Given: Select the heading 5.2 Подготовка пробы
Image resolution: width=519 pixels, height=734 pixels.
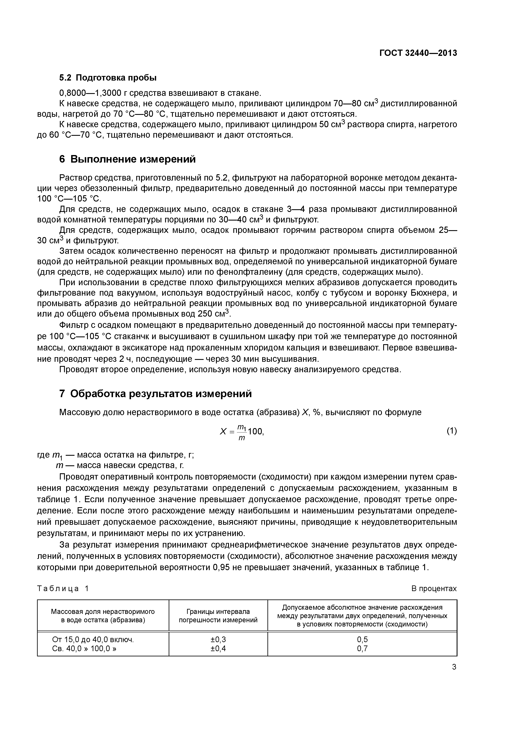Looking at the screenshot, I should pyautogui.click(x=108, y=78).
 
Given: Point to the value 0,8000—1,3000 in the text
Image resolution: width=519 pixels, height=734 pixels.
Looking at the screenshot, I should pyautogui.click(x=90, y=93).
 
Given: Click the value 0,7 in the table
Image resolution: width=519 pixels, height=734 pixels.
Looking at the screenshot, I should pyautogui.click(x=362, y=649).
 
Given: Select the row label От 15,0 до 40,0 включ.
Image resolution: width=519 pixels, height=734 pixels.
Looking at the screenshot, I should pyautogui.click(x=93, y=639).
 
